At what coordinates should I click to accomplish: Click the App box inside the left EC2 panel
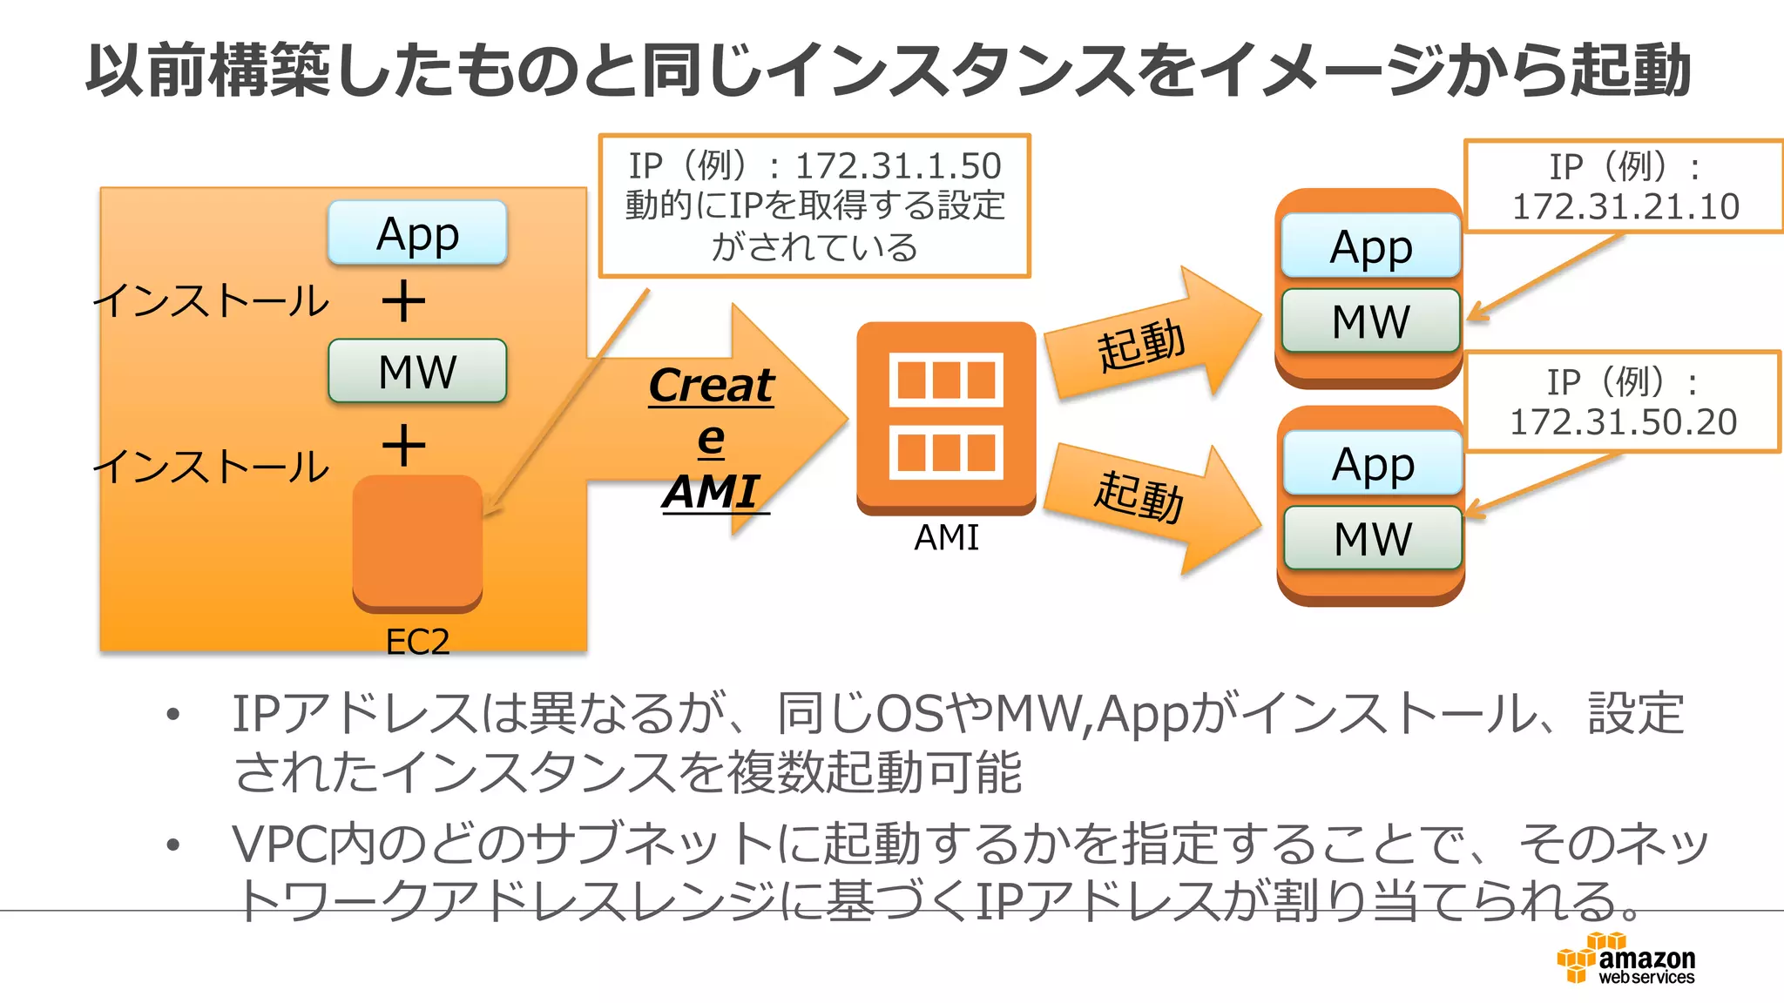[x=417, y=233]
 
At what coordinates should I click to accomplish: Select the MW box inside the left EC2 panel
[x=417, y=371]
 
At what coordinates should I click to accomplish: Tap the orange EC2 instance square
[x=417, y=540]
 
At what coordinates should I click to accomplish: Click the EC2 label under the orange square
[x=417, y=642]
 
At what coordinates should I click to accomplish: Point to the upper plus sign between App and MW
[x=403, y=301]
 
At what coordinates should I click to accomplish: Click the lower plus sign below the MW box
[x=403, y=446]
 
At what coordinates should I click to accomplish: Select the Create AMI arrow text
[x=711, y=438]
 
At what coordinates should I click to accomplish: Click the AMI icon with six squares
[x=946, y=416]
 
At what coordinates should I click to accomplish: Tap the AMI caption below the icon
[x=946, y=537]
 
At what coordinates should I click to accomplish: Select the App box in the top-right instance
[x=1370, y=246]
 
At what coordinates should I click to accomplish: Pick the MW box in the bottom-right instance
[x=1372, y=538]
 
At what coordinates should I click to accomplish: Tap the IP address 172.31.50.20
[x=1623, y=422]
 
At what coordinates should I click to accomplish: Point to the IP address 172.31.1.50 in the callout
[x=899, y=165]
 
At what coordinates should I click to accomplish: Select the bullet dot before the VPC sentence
[x=173, y=845]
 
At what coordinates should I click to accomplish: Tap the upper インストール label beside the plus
[x=212, y=301]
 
